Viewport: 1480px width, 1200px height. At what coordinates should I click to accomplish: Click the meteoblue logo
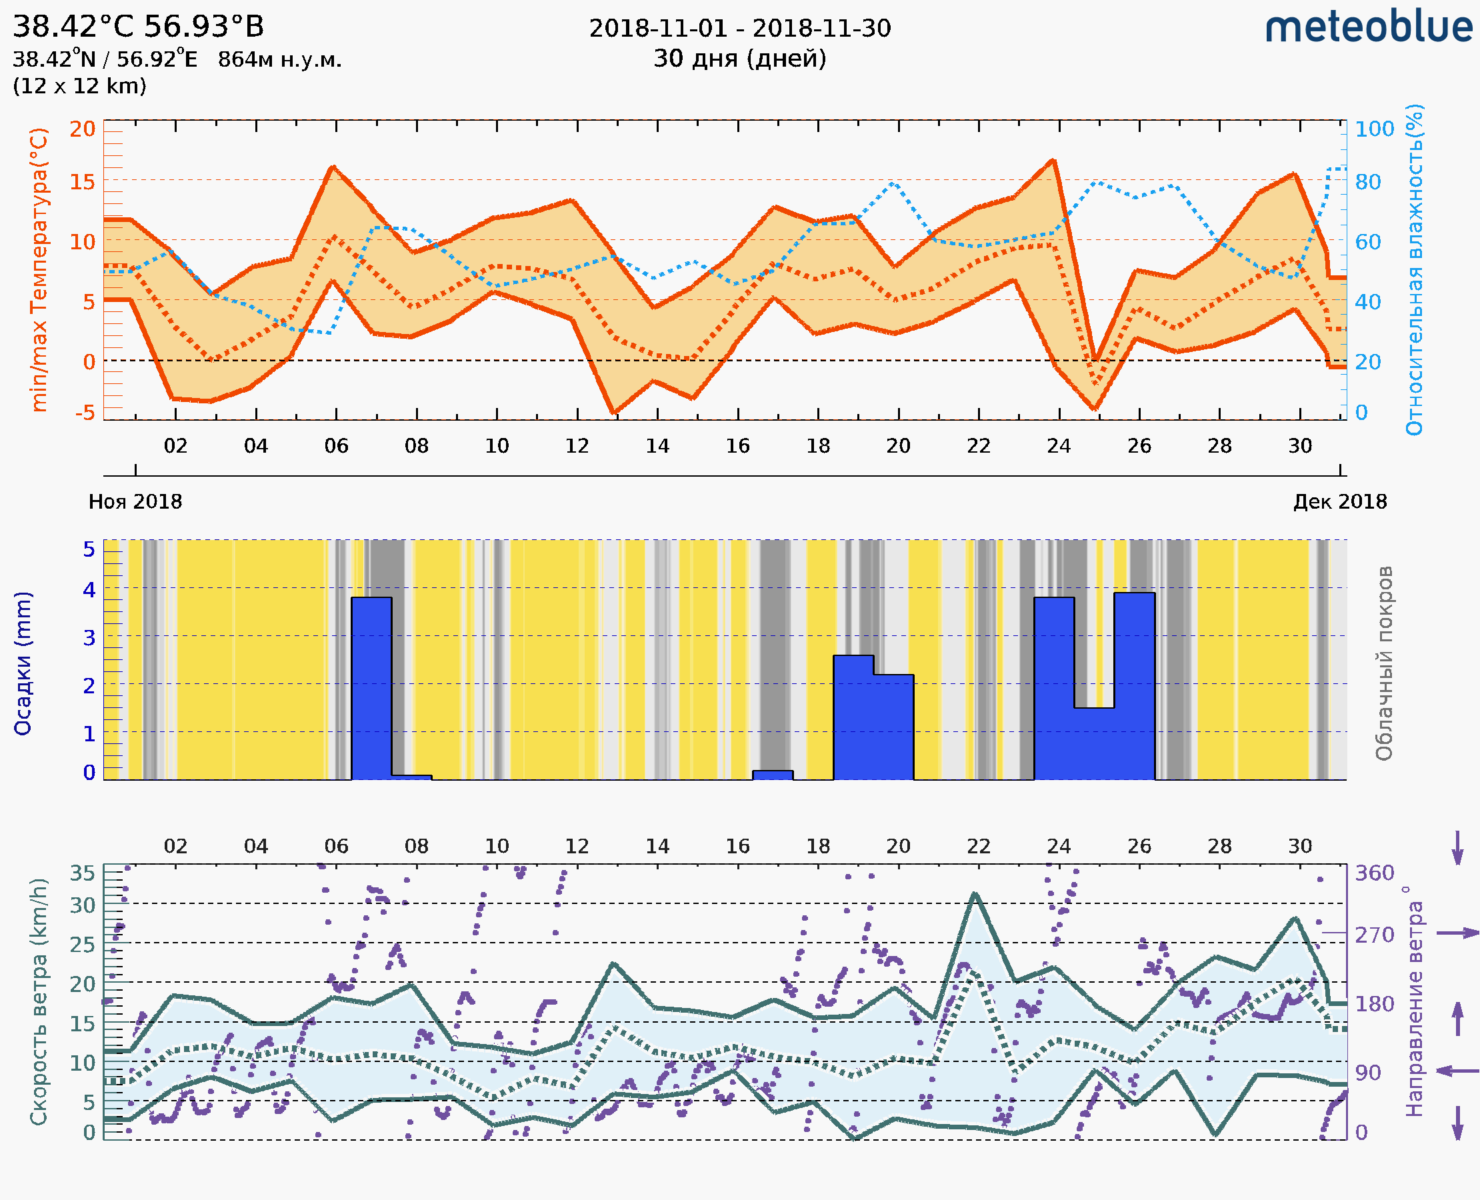tap(1368, 27)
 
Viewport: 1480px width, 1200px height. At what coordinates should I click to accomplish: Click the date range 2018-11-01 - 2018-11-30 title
tap(739, 29)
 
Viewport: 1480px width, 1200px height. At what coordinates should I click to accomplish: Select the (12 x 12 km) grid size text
tap(79, 87)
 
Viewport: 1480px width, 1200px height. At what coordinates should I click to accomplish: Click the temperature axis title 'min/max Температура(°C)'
tap(39, 269)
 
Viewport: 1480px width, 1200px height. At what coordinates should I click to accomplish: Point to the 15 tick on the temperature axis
tap(82, 182)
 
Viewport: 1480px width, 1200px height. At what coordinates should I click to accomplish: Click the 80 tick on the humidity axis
tap(1367, 182)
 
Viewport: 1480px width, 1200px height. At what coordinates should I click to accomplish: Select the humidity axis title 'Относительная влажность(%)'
tap(1414, 269)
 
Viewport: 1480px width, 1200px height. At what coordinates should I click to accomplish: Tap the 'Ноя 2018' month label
tap(135, 502)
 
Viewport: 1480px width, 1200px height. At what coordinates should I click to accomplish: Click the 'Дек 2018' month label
tap(1340, 502)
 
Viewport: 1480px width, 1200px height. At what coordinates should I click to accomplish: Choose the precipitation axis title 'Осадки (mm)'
tap(23, 663)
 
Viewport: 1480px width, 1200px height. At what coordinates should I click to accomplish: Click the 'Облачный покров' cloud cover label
tap(1383, 663)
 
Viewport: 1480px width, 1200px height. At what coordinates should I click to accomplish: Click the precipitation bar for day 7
tap(371, 689)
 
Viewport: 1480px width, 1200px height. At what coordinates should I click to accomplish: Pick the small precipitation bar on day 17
tap(773, 775)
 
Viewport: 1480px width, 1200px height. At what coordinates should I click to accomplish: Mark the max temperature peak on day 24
tap(1053, 161)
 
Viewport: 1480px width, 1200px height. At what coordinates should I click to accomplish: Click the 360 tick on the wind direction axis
tap(1374, 873)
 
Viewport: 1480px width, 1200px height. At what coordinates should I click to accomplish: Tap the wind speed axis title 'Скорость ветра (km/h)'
tap(39, 1002)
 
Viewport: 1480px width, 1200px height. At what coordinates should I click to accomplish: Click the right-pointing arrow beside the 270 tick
tap(1457, 933)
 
